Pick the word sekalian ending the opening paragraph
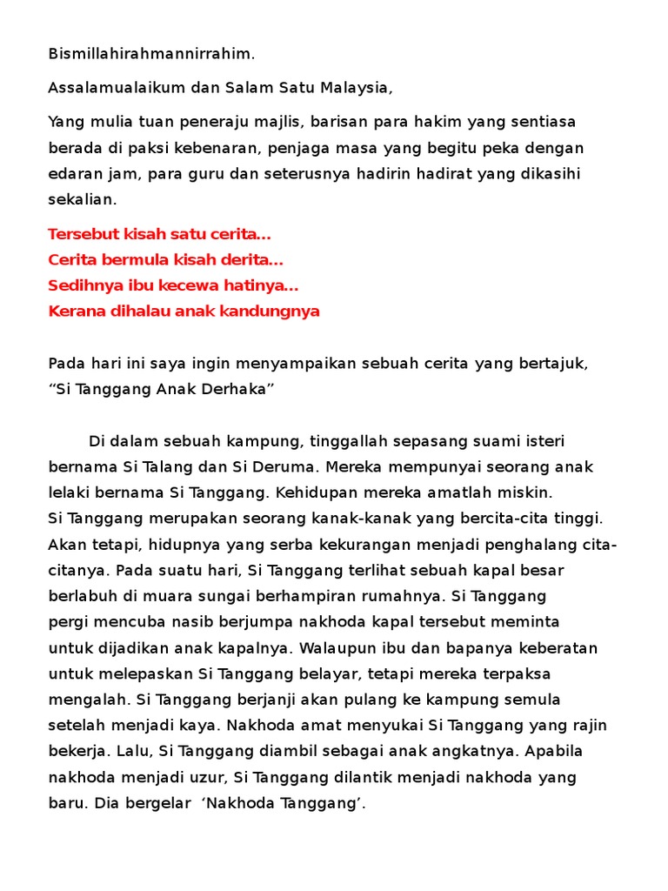pos(81,199)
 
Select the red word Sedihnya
pos(83,285)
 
